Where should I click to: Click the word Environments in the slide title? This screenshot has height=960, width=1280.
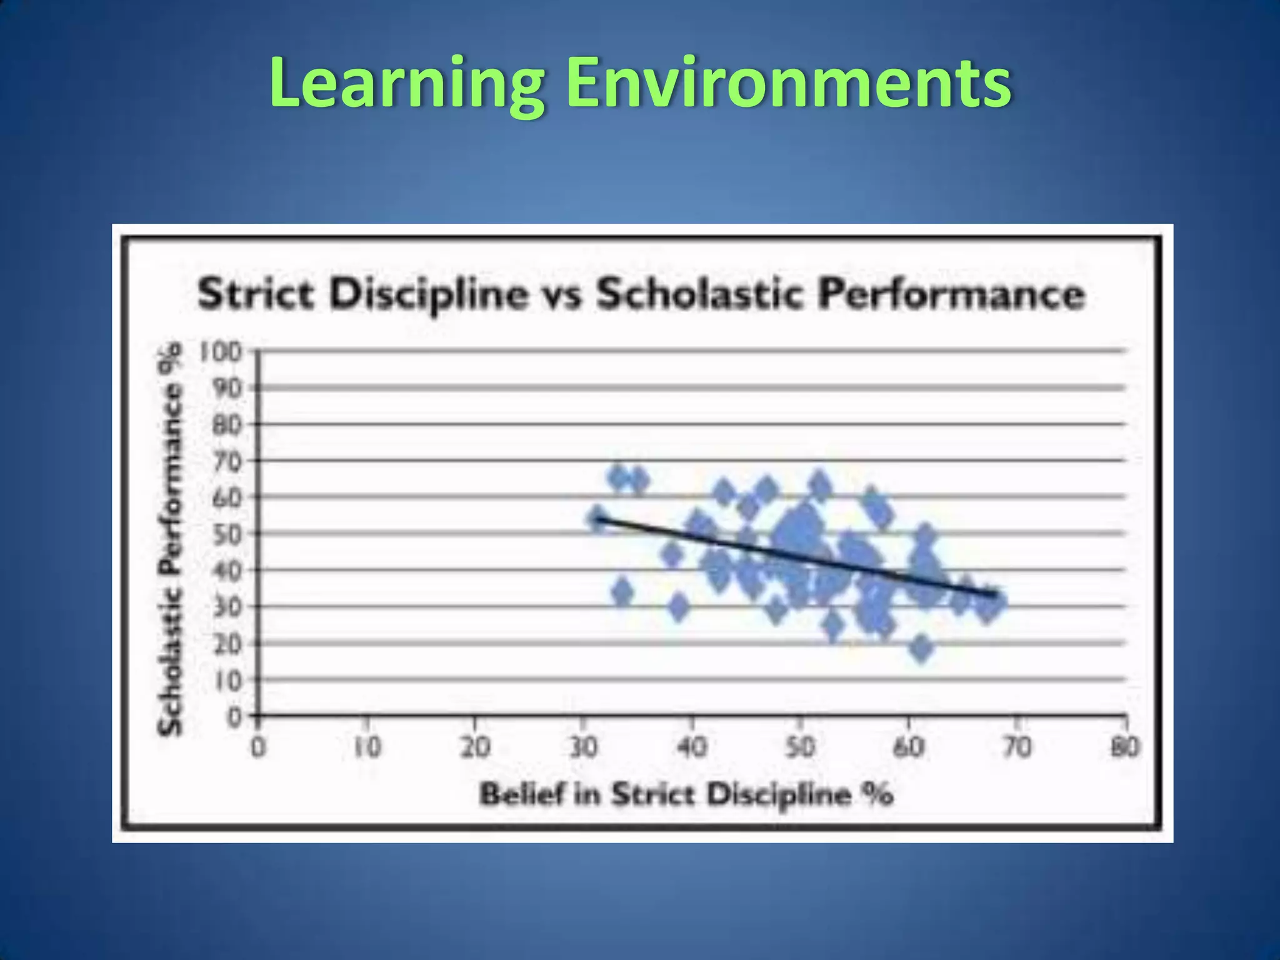coord(789,83)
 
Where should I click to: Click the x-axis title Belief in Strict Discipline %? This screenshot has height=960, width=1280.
coord(686,795)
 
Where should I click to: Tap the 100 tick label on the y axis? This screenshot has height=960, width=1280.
coord(220,352)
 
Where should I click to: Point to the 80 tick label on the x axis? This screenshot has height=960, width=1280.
coord(1125,747)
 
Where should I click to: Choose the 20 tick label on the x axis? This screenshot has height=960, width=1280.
coord(474,747)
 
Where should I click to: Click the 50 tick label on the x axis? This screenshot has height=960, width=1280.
coord(800,747)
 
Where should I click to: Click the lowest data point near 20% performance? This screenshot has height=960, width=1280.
coord(921,648)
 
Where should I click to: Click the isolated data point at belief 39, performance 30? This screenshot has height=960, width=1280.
coord(679,606)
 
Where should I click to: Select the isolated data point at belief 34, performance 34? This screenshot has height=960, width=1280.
coord(622,592)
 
